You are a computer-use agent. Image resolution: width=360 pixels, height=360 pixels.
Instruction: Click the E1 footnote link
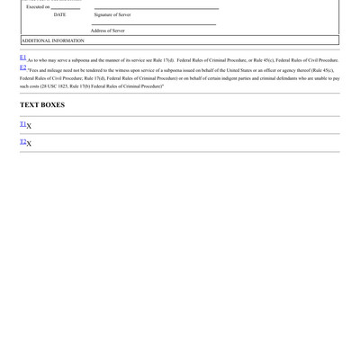point(22,58)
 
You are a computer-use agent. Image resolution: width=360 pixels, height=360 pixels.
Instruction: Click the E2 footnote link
point(22,67)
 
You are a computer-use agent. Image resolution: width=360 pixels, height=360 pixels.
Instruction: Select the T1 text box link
point(22,124)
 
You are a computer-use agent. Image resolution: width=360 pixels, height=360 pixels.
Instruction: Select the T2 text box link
point(22,142)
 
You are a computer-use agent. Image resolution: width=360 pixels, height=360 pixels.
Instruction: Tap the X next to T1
point(29,127)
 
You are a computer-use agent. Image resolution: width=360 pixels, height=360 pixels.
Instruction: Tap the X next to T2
point(29,145)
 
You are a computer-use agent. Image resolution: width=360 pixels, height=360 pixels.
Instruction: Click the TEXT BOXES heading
point(42,105)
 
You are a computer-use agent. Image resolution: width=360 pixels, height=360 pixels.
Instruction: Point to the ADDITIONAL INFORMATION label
point(52,40)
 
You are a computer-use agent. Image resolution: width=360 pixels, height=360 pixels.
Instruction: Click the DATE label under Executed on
point(59,14)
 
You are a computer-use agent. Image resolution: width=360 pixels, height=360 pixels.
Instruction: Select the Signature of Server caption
point(112,14)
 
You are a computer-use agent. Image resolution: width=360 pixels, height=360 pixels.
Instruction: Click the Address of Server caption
point(108,31)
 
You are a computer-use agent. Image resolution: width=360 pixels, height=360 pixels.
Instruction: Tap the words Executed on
point(37,6)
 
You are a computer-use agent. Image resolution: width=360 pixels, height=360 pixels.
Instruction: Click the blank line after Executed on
point(65,8)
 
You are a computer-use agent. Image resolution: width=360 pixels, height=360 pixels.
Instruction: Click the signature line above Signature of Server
point(156,9)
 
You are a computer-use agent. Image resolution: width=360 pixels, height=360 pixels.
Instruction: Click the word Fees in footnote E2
point(34,69)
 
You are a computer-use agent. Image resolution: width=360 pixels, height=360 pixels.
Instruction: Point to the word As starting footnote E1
point(31,60)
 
